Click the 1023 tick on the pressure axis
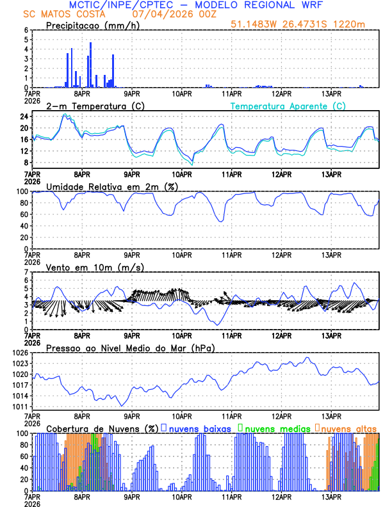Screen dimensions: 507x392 pos(21,364)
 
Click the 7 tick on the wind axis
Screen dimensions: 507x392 pos(26,272)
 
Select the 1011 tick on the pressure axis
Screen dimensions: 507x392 pos(21,407)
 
